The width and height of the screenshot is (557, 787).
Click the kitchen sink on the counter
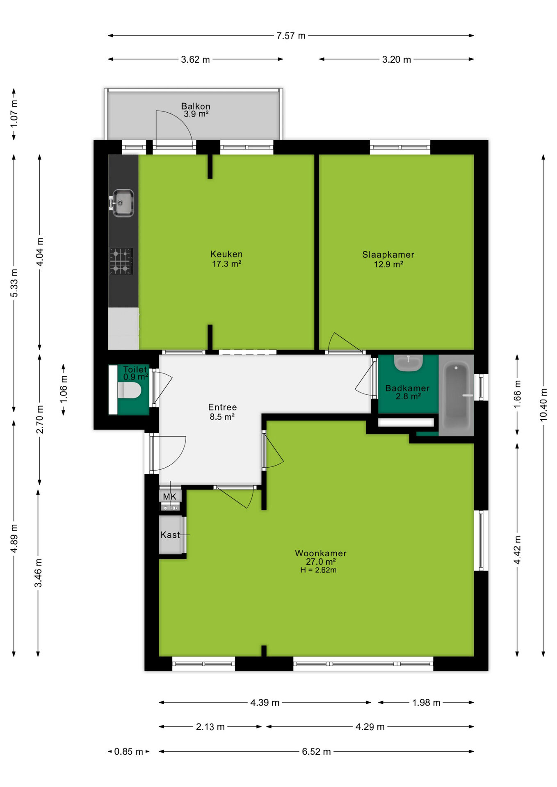[122, 203]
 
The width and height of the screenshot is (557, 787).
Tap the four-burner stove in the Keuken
[121, 261]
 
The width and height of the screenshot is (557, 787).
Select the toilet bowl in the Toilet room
[129, 390]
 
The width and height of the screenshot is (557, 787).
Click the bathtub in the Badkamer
[456, 395]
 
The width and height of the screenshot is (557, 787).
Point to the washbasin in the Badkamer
[408, 363]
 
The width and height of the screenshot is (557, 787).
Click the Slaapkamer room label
[388, 255]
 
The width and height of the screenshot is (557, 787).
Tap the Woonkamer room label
[321, 553]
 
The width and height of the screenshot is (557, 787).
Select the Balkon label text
[196, 106]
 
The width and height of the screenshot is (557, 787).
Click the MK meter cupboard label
[169, 497]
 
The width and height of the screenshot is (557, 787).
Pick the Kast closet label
[170, 535]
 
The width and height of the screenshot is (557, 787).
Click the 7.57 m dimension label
[291, 36]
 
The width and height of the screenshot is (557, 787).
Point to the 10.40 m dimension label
[543, 405]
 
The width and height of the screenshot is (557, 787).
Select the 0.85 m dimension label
[128, 751]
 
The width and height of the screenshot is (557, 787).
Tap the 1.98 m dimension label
[426, 703]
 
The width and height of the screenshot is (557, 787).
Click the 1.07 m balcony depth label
[14, 113]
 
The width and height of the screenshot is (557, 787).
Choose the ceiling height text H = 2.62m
[318, 570]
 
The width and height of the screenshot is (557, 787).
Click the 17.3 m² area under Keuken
[226, 264]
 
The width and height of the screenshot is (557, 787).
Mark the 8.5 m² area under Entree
[222, 417]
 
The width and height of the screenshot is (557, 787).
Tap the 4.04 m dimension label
[40, 252]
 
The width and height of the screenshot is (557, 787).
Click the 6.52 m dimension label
[316, 751]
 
